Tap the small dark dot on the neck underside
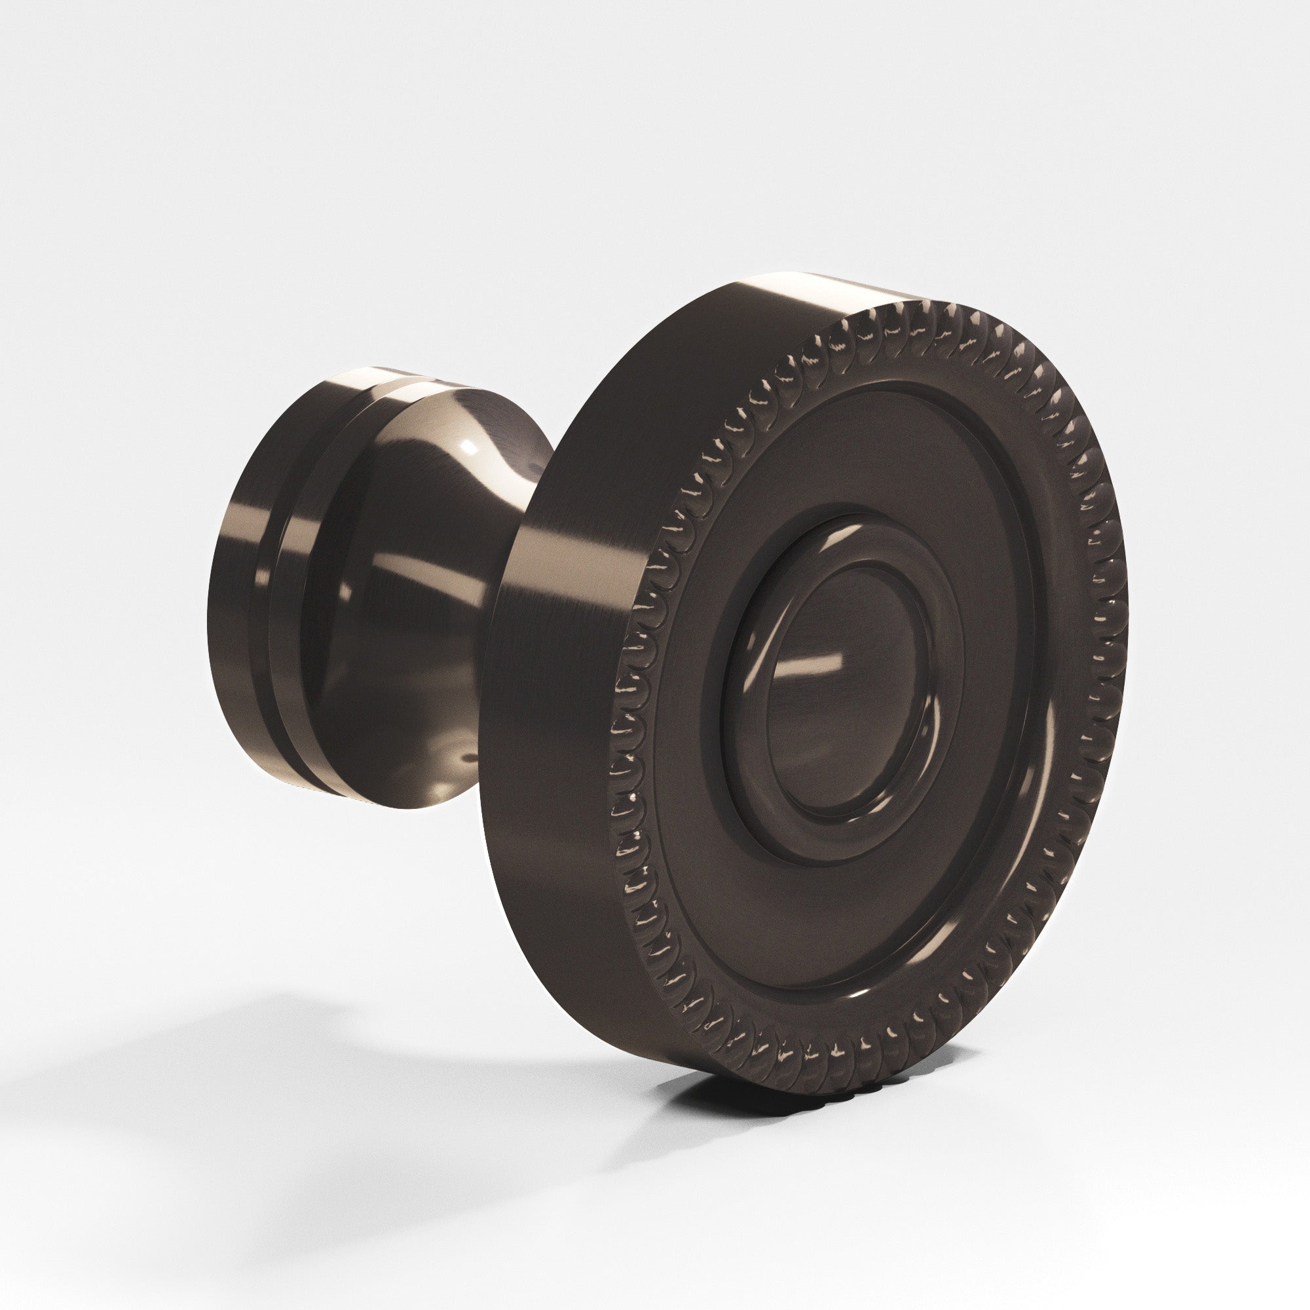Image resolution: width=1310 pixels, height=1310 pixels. point(466,751)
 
